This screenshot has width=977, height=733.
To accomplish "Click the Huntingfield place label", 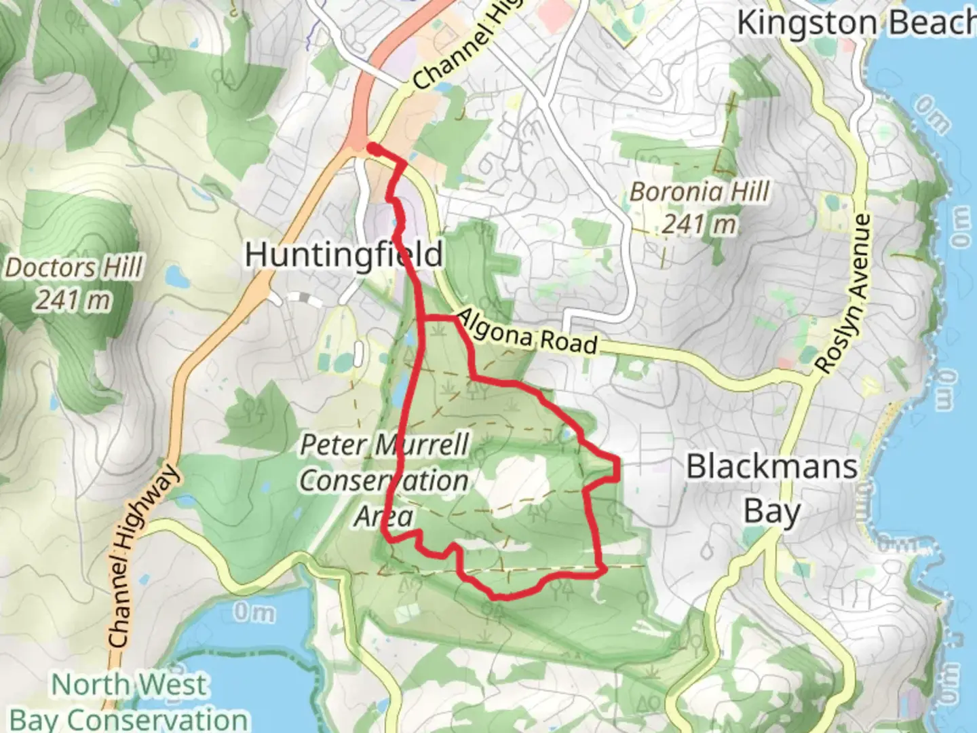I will point(343,255).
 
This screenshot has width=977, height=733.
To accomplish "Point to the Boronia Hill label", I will point(700,192).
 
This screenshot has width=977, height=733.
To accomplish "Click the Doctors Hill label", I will point(75,267).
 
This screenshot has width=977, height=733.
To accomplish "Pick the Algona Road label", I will point(527,332).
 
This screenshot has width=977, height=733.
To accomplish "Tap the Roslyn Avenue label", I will point(843,294).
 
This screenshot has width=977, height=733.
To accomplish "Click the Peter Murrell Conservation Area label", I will point(384,481).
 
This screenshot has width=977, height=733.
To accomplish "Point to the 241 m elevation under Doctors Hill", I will point(73,299).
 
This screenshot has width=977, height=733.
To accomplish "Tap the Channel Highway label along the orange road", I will point(142,557).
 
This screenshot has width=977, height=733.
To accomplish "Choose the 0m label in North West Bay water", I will point(254,613).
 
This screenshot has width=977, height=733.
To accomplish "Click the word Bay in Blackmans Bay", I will point(771,511).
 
